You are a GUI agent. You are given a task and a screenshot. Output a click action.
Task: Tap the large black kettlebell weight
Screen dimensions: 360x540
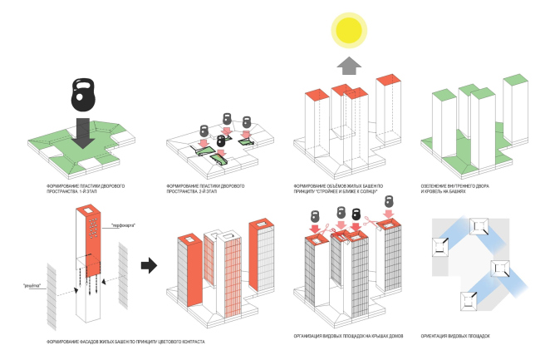coord(86,93)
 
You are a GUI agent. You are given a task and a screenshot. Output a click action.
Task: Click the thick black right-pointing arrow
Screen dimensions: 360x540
coord(149,265)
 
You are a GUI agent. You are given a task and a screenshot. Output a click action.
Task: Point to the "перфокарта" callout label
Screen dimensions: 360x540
coord(123,225)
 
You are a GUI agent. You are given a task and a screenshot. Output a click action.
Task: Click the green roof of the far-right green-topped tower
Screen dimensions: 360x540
coord(515,78)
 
